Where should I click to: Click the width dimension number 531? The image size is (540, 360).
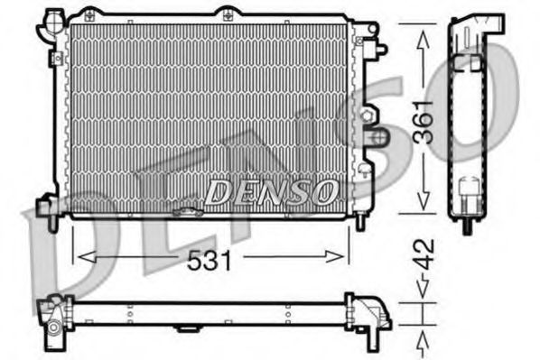(x=209, y=260)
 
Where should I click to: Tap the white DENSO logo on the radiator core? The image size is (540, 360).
(x=272, y=190)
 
